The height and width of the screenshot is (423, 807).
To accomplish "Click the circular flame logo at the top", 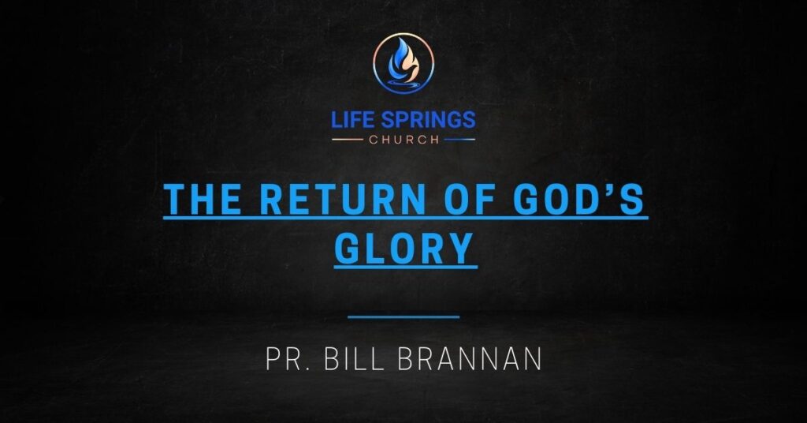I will click(403, 63).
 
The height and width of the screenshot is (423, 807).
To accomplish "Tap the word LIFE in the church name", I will click(354, 121).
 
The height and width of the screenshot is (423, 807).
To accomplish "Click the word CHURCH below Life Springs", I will click(403, 140).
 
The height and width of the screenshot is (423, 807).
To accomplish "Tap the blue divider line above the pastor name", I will click(403, 317).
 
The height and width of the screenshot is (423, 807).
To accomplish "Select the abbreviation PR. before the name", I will click(286, 359).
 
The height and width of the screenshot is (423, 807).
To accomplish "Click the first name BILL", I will click(349, 359).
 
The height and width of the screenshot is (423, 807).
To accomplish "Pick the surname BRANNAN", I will click(470, 359).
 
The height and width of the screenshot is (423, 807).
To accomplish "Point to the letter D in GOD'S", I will click(592, 200).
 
